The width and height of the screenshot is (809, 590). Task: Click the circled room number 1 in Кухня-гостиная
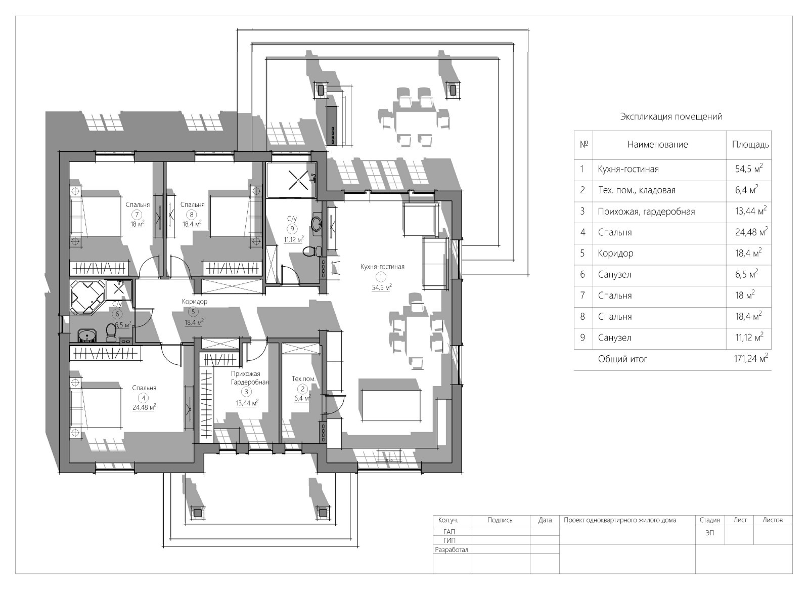click(x=380, y=277)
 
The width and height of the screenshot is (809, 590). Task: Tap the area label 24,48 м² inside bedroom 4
click(x=144, y=407)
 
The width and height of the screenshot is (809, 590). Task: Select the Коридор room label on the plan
click(x=194, y=302)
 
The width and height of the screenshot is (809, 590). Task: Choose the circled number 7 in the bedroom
click(x=137, y=215)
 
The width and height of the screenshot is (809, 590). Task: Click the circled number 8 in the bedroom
click(x=192, y=215)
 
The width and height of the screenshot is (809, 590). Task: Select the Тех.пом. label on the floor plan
click(x=304, y=379)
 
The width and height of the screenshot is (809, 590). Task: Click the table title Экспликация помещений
click(x=671, y=117)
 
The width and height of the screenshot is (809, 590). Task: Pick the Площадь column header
click(x=750, y=145)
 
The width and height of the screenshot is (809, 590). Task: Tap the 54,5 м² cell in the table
click(x=749, y=168)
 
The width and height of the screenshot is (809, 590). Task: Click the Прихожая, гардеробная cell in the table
click(x=646, y=212)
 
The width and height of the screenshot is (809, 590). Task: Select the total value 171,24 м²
click(x=751, y=358)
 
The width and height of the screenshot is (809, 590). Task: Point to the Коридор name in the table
click(x=615, y=253)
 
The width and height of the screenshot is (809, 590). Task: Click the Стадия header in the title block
click(x=709, y=520)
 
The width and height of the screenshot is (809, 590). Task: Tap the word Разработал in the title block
click(x=452, y=550)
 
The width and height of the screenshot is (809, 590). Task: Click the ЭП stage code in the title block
click(x=709, y=533)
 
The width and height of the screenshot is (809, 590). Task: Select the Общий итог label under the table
click(x=622, y=359)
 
